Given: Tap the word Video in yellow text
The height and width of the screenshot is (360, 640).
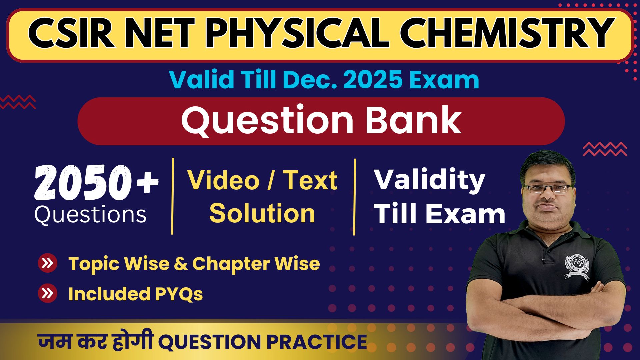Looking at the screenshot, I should point(223,180).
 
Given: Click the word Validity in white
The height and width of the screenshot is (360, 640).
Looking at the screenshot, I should point(429,180).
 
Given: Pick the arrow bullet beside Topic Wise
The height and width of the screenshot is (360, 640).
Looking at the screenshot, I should point(48,263).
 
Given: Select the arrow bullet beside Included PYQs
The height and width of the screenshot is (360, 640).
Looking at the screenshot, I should point(48,293).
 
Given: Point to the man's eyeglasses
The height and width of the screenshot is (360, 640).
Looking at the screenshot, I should point(547,189).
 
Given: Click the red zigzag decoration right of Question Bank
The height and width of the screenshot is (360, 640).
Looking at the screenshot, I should point(605,149).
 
